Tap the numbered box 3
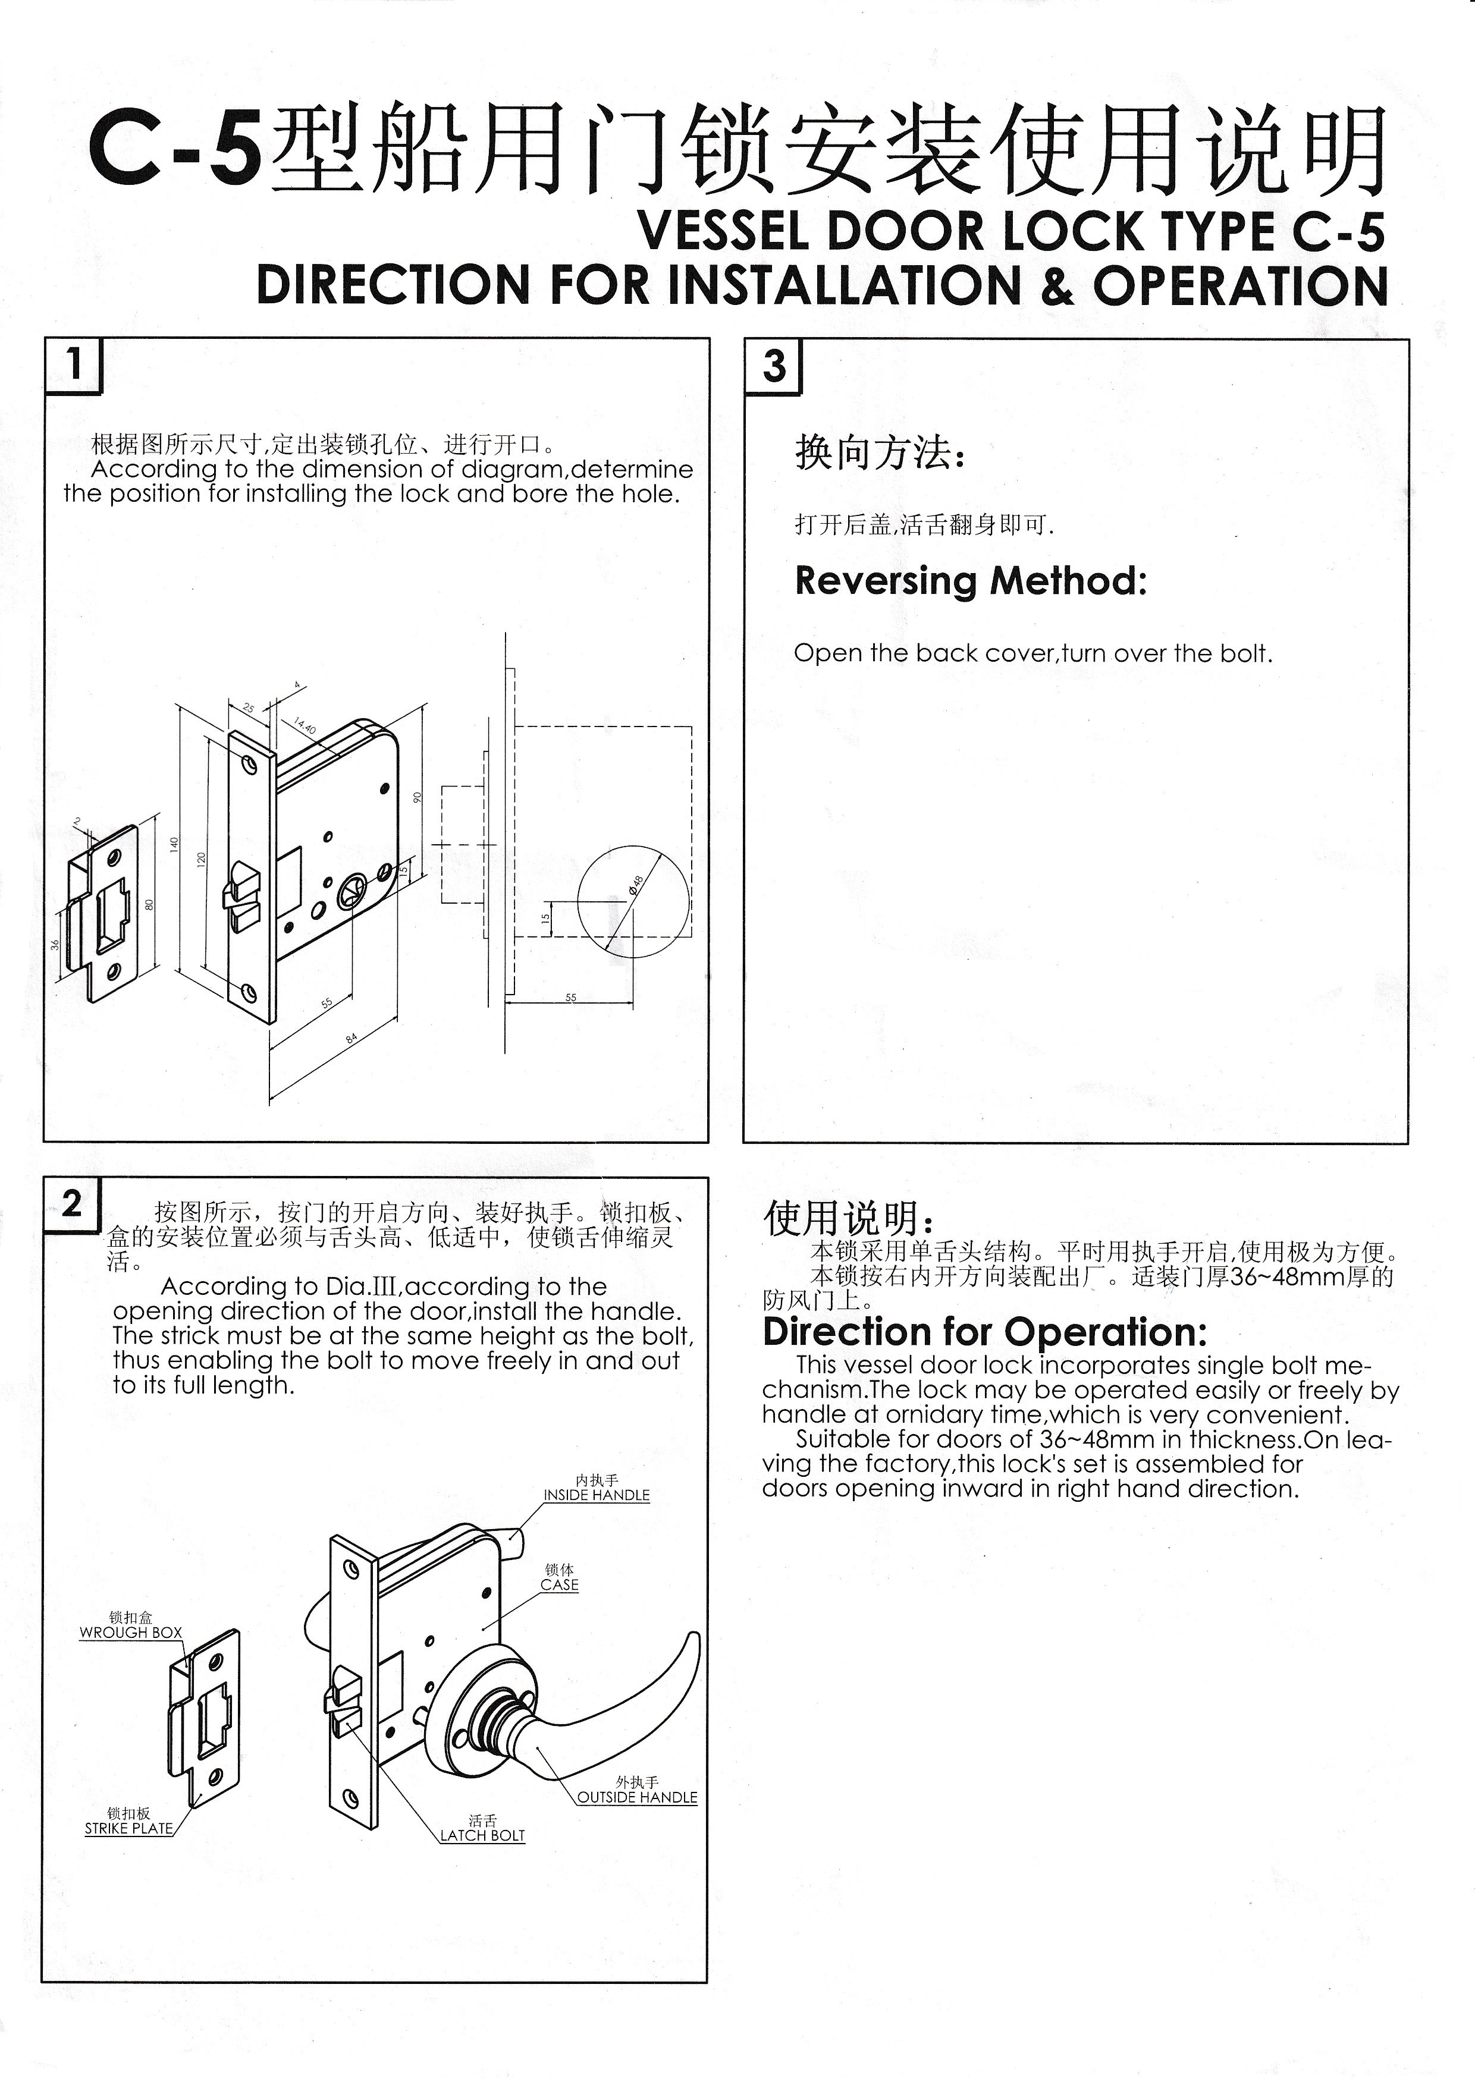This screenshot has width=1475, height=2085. (773, 367)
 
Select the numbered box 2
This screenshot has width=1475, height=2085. (72, 1204)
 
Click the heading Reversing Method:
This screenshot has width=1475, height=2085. (970, 580)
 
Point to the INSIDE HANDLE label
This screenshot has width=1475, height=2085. (597, 1495)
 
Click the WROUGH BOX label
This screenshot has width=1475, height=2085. (131, 1632)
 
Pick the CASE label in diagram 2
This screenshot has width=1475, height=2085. (560, 1584)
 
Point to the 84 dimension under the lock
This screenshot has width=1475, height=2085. (352, 1037)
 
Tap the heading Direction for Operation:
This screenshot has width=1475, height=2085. (984, 1332)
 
